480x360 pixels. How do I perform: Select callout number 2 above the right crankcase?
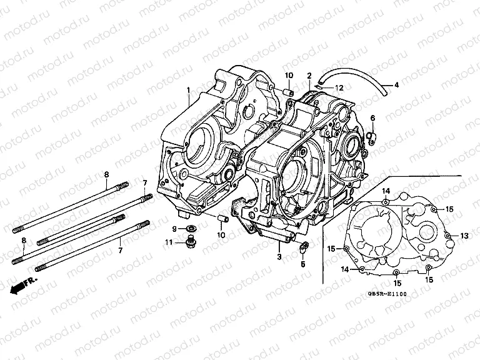click(x=309, y=76)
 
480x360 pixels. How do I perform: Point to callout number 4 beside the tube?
click(x=396, y=84)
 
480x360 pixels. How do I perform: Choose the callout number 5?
click(x=303, y=264)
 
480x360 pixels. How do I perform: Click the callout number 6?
click(x=372, y=118)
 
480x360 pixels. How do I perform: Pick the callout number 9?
click(x=175, y=229)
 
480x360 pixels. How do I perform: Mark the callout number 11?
click(x=169, y=242)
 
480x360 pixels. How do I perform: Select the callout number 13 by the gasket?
click(x=464, y=236)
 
